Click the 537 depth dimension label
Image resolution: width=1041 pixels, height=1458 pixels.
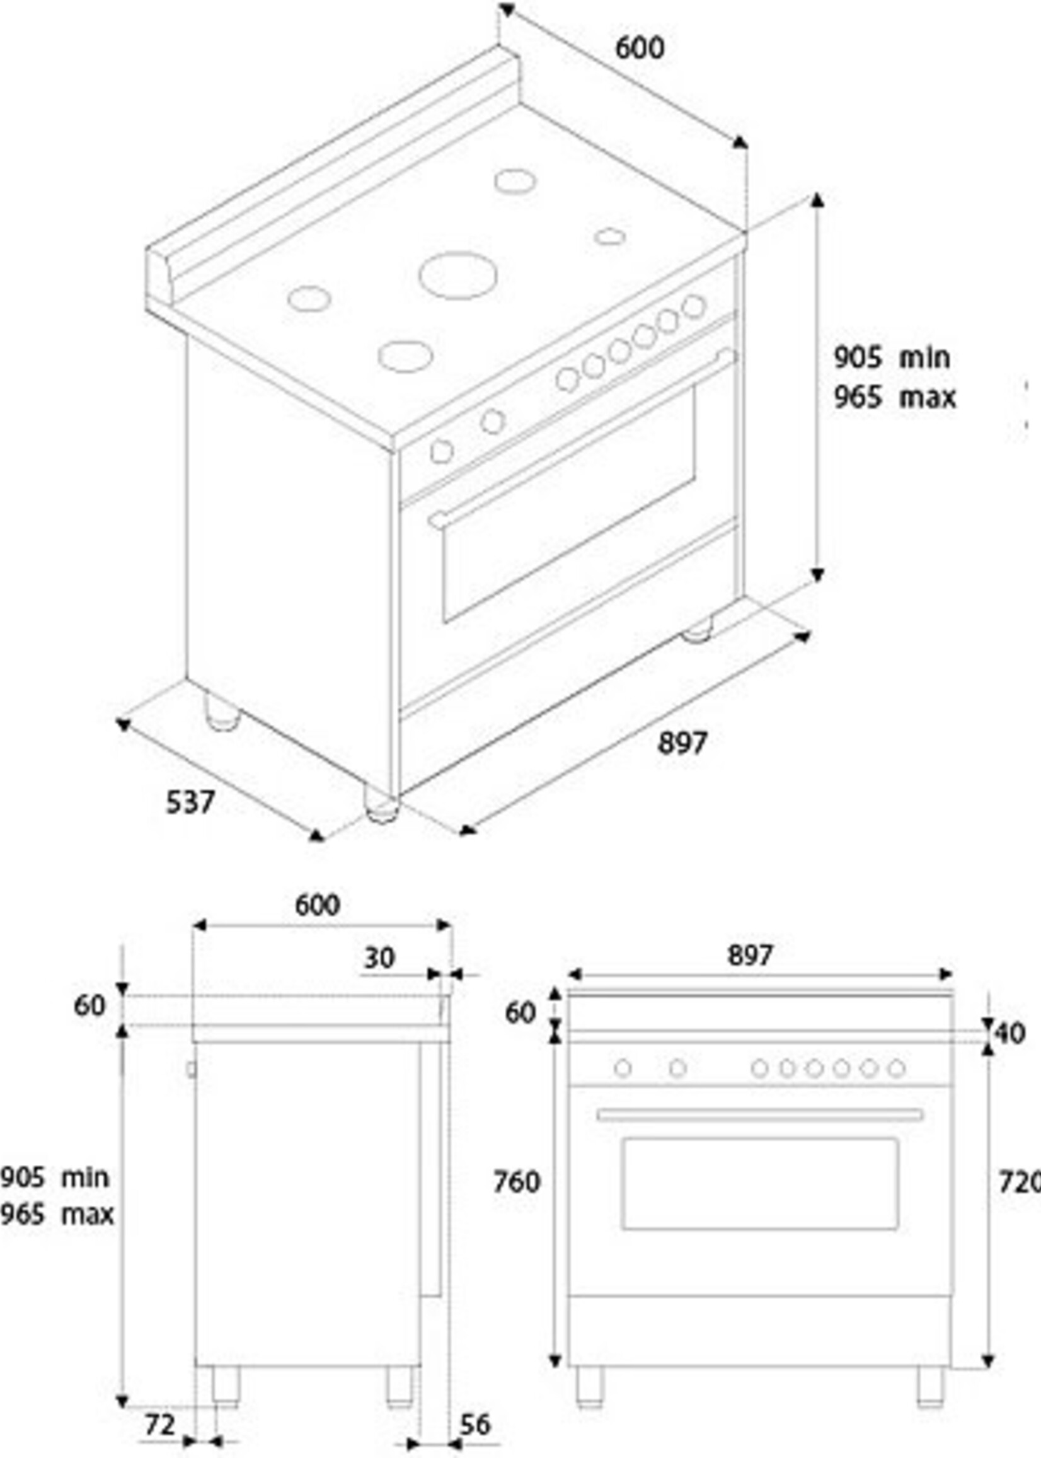point(190,802)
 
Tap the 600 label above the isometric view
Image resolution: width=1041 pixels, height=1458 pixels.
point(640,48)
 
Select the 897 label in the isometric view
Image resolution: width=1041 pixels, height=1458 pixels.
point(682,743)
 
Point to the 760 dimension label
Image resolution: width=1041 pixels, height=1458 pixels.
point(517,1182)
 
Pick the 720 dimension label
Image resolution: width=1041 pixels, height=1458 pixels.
point(1020,1182)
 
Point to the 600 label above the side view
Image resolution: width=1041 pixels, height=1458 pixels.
point(318,905)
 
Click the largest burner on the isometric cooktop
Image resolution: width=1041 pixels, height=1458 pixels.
point(458,275)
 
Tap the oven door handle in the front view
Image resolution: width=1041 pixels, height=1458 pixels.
point(759,1115)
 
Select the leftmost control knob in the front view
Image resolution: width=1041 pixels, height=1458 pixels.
point(623,1068)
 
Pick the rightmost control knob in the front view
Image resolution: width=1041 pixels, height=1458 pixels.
point(897,1068)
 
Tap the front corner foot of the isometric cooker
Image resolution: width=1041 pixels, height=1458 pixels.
point(381,807)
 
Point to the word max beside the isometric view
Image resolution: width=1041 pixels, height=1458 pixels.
point(927,398)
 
